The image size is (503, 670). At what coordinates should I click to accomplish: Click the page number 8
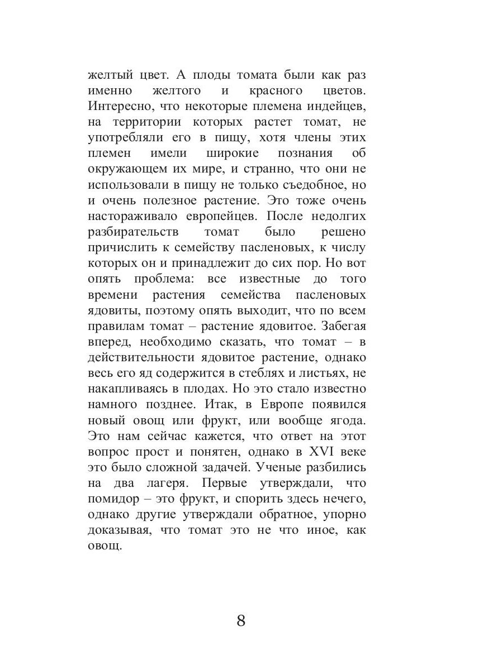point(241,621)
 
